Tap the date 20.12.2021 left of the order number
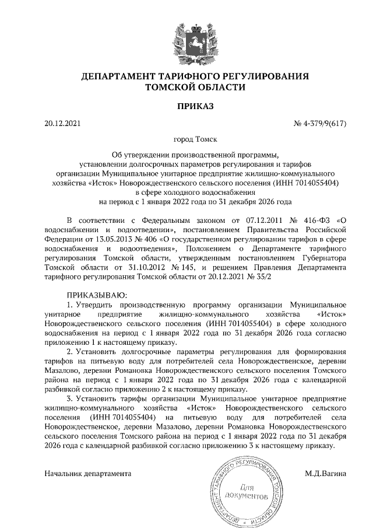click(62, 123)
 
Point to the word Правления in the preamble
click(273, 267)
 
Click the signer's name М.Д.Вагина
click(325, 473)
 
